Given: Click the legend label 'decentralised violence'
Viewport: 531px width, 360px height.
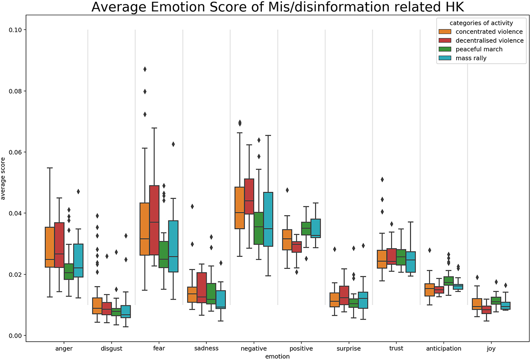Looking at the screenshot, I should [x=489, y=40].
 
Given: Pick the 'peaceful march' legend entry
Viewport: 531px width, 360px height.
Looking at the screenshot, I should [x=479, y=49].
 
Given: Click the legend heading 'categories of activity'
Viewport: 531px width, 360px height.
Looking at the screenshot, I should [x=481, y=23].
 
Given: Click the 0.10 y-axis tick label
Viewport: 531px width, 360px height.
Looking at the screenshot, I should [x=15, y=30].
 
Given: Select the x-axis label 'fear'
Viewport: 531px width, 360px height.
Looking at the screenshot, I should [x=159, y=348].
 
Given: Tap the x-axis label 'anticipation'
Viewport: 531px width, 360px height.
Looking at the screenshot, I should [x=444, y=348].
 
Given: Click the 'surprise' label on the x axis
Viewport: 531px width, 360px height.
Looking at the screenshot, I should [x=349, y=348].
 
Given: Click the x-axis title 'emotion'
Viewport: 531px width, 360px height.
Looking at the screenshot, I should [x=277, y=356].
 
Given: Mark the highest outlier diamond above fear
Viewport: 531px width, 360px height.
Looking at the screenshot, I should [x=145, y=69].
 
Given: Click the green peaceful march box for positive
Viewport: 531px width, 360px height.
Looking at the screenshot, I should [x=306, y=229].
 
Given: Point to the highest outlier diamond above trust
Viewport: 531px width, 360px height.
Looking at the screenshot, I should [x=382, y=179].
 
